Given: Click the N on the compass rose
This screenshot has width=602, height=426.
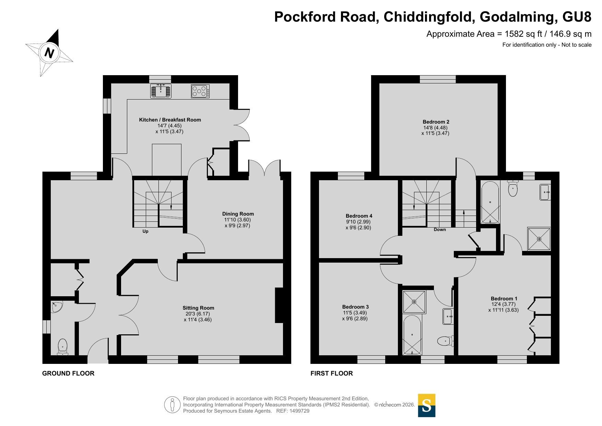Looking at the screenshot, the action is click(50, 53).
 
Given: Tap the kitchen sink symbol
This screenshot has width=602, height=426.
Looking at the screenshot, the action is click(161, 91).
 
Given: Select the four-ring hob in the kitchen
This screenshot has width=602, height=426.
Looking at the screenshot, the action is click(200, 91).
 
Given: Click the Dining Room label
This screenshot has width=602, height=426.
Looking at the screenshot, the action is click(238, 214).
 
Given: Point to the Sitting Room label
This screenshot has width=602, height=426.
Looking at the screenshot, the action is click(198, 308).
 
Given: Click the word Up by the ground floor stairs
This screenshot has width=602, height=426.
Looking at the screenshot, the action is click(145, 231).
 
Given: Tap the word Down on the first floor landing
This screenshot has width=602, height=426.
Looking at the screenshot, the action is click(440, 230).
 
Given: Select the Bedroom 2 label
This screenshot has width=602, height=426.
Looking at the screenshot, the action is click(436, 122).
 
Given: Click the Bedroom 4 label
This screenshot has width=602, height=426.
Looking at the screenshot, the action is click(359, 216).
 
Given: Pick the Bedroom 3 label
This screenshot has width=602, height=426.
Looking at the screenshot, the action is click(355, 307).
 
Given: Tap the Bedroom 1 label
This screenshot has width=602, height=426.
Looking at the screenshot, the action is click(504, 299).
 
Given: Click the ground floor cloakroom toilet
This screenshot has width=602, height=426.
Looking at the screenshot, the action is click(62, 347).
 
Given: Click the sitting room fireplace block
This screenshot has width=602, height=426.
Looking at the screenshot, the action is click(279, 305).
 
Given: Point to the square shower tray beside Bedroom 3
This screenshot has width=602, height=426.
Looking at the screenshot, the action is click(414, 302).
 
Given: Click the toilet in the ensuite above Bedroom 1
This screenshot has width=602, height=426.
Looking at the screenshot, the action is click(512, 188).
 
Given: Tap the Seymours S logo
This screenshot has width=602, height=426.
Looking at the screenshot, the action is click(427, 405).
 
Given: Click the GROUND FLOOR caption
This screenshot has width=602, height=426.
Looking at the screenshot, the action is click(68, 373).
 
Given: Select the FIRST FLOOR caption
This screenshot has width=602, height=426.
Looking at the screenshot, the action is click(332, 373).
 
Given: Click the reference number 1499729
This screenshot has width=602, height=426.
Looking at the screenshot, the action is click(299, 411).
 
